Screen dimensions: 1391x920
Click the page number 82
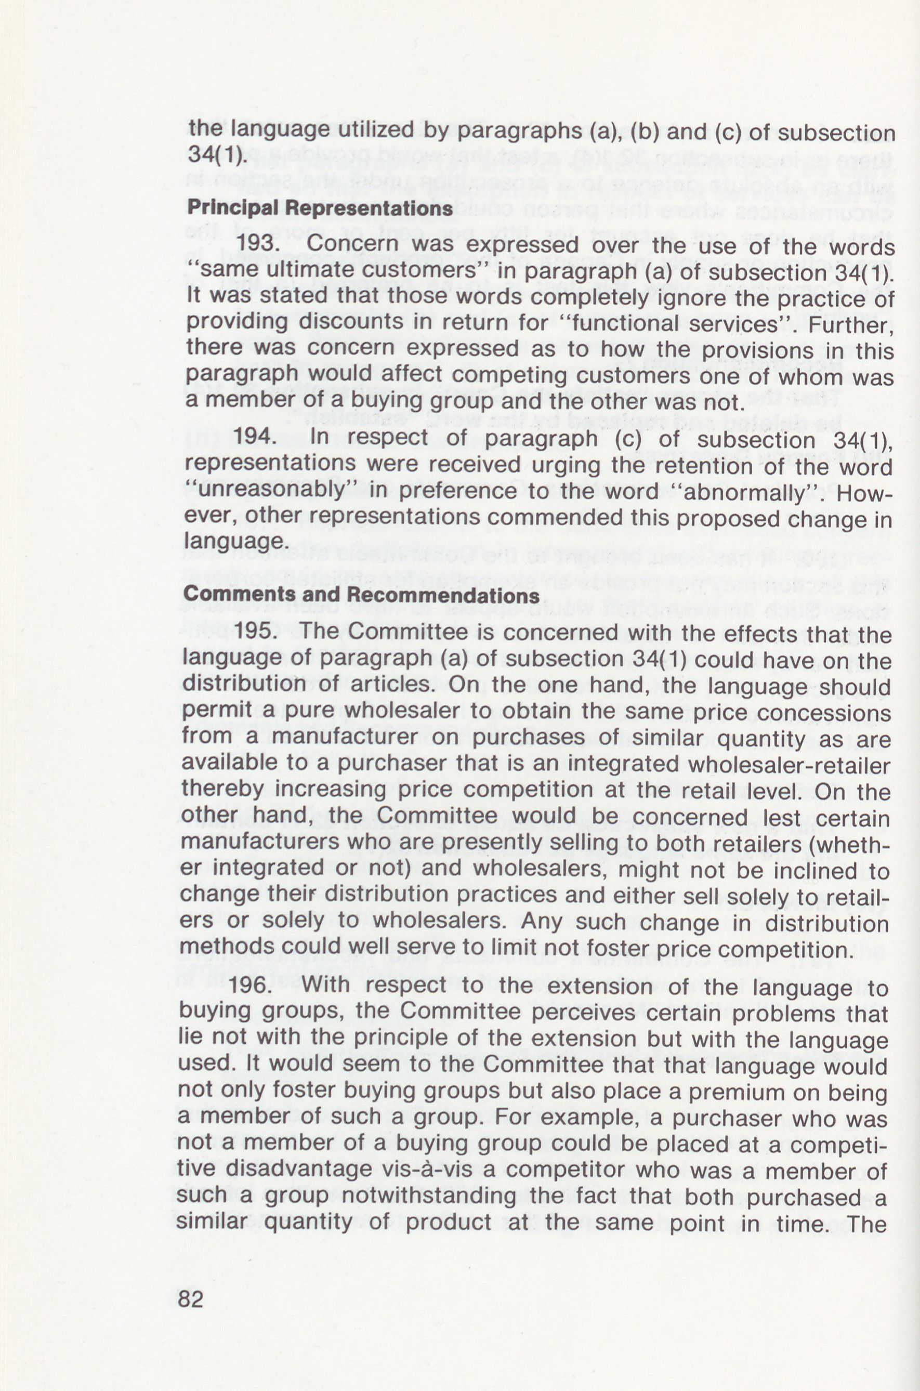[190, 1299]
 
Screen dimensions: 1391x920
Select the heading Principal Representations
[319, 209]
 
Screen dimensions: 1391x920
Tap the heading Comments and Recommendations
[361, 595]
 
